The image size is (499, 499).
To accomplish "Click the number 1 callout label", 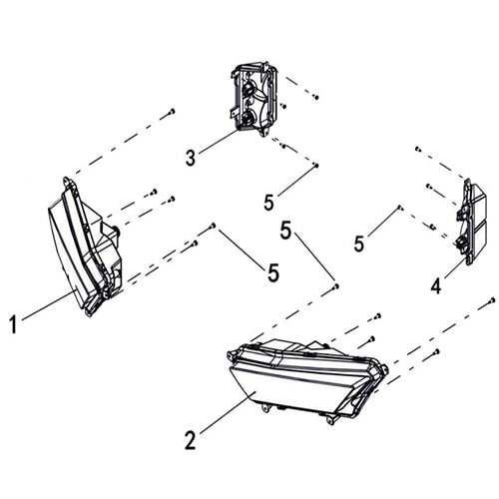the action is [x=13, y=324].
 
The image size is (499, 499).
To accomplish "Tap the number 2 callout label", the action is [x=190, y=440].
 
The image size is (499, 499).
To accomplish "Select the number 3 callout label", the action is [x=191, y=158].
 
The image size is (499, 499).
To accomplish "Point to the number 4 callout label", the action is [x=436, y=286].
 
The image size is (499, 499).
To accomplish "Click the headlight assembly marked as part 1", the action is [x=85, y=248].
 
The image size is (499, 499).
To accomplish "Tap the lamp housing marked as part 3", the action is [x=254, y=99].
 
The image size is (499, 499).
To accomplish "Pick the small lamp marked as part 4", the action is [x=470, y=223].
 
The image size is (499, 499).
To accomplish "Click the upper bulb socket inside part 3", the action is [x=249, y=89].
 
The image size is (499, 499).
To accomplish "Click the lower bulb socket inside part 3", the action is [x=248, y=118].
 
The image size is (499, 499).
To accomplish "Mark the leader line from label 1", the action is [x=48, y=305].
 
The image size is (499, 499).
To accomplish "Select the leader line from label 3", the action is [x=219, y=142].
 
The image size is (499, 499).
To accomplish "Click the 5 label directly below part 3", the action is [x=268, y=202].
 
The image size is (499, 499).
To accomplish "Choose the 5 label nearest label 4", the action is [x=359, y=244].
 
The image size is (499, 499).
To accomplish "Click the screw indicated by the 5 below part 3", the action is [x=316, y=165].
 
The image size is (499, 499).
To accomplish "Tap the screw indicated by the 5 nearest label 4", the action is [x=400, y=208].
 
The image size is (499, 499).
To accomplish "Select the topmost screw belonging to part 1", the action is [x=172, y=111].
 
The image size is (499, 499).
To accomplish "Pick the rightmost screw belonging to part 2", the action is [x=492, y=300].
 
